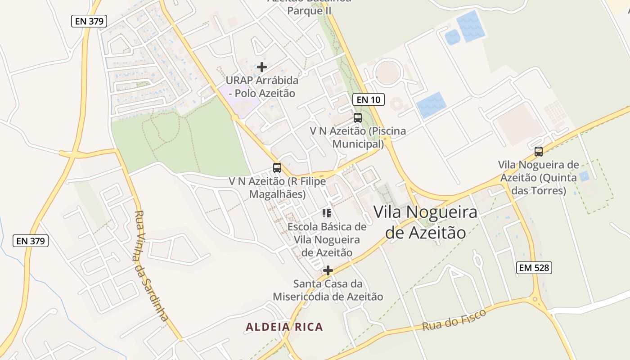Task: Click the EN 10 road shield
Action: (368, 99)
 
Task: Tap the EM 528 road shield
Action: (534, 268)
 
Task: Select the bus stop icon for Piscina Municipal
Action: (358, 118)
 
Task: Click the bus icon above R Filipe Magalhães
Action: (277, 168)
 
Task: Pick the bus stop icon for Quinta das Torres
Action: (538, 152)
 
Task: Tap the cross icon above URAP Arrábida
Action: (262, 67)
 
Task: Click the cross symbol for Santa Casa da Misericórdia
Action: (328, 270)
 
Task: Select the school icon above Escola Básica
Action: (327, 213)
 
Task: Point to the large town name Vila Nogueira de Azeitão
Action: (425, 222)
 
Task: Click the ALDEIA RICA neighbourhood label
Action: (284, 327)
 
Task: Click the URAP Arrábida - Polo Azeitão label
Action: (261, 87)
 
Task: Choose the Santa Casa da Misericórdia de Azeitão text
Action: (328, 290)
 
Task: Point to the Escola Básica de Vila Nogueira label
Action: (327, 239)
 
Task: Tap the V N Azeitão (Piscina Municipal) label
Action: (358, 137)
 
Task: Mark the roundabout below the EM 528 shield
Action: (535, 299)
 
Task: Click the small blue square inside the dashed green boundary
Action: (584, 176)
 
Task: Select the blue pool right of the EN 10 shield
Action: (431, 105)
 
